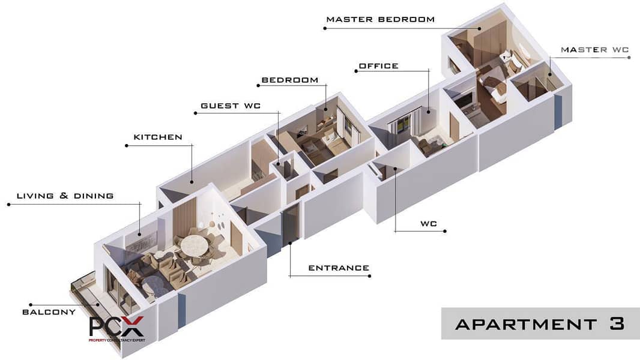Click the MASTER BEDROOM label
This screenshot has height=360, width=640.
tap(381, 19)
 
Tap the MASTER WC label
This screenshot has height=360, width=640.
tap(595, 50)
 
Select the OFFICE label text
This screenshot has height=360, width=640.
tap(378, 65)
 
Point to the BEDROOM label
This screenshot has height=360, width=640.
tap(290, 80)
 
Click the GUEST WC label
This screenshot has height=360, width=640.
tap(231, 106)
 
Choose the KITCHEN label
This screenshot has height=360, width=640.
tap(158, 137)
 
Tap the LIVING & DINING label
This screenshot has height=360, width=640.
tap(65, 196)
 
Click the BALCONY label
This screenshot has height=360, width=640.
tap(49, 312)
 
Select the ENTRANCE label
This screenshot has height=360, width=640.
tap(339, 268)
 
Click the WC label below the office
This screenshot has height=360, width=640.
tap(429, 223)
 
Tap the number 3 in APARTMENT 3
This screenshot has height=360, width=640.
tap(617, 324)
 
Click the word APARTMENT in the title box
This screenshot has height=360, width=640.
tap(526, 325)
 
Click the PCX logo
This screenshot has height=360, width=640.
tap(116, 328)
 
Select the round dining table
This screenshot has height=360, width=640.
tap(195, 247)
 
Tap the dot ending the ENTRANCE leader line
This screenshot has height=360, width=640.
tap(369, 276)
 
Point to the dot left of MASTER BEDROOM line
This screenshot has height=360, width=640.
tap(325, 28)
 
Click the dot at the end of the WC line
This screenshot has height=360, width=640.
tap(445, 231)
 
